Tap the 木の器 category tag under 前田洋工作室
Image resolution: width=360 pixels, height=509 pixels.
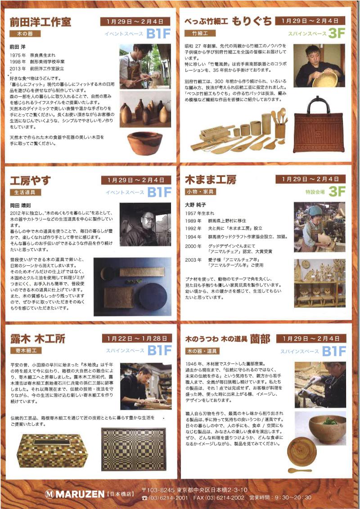25,34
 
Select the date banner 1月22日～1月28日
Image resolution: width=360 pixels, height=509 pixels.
137,338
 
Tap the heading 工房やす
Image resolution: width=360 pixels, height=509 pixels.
30,180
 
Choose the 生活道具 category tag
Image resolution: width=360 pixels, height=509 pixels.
25,192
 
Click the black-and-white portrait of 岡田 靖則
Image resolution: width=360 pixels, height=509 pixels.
145,224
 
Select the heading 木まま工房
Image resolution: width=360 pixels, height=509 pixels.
211,179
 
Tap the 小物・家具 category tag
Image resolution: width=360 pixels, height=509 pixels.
200,192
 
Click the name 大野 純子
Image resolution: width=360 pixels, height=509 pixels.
195,205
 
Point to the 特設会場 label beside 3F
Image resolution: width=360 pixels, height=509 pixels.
315,192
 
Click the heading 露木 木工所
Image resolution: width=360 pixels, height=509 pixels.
38,339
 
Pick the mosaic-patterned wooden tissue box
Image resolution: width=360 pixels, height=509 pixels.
52,451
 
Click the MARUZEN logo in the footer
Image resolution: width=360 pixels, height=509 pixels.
75,494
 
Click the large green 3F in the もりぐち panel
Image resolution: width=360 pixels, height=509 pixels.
337,33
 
